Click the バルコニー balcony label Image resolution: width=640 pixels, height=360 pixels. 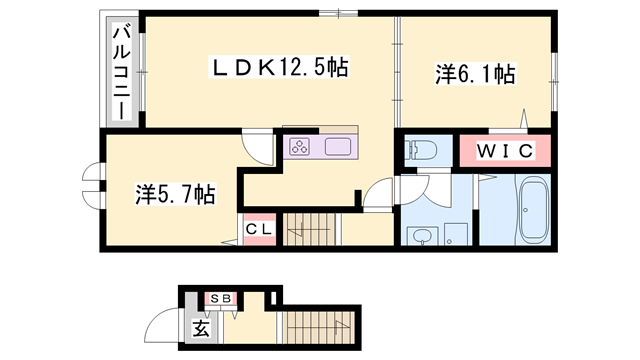point(121,72)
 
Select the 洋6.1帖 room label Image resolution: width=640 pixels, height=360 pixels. point(475,73)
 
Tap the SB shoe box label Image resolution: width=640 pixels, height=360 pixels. point(220,298)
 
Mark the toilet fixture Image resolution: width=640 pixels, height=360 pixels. point(422,151)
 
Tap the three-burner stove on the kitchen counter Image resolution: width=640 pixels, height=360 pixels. point(299,147)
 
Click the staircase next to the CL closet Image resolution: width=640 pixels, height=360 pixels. point(313,230)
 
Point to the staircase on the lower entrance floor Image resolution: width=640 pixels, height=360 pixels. point(310,328)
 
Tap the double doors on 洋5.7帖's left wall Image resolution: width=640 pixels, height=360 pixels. point(91,187)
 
